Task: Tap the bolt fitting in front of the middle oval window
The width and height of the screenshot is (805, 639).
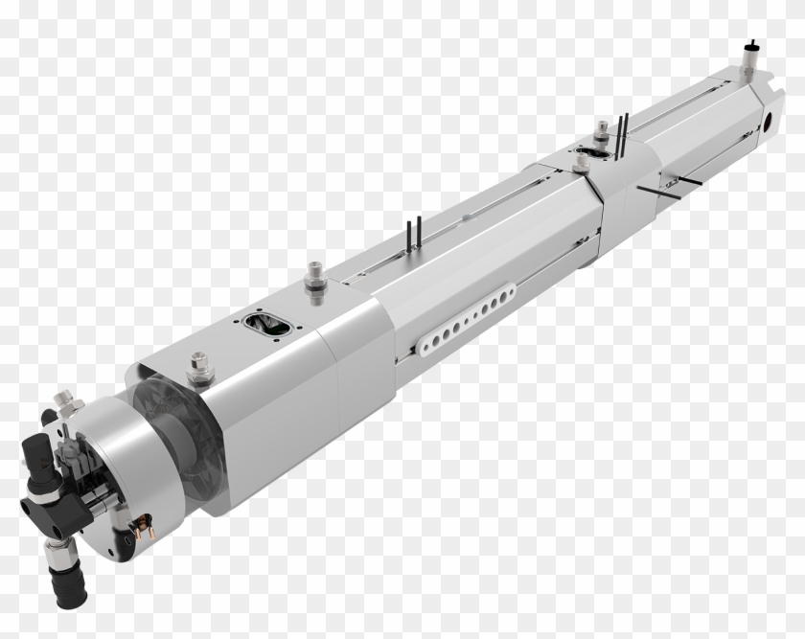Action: (x=580, y=164)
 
